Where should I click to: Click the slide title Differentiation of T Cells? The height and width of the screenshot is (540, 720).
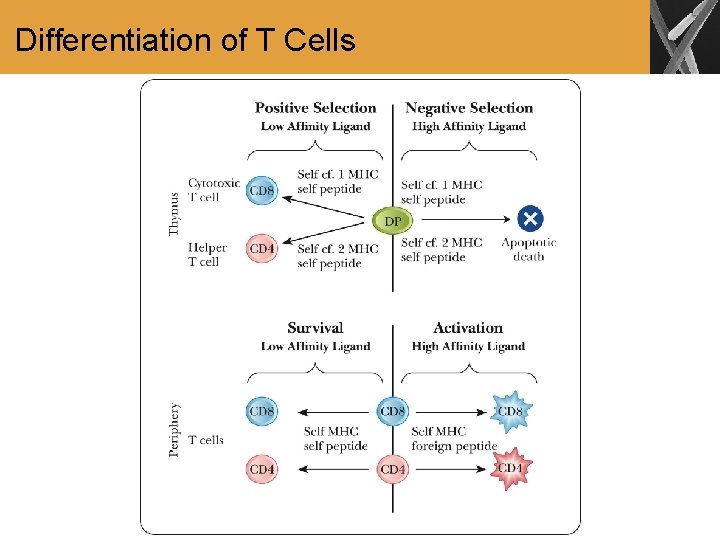point(186,40)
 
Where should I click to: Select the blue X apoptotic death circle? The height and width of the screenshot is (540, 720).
point(530,218)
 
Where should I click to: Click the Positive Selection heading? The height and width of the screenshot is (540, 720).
point(315,108)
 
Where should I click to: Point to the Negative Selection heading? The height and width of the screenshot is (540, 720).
point(469,108)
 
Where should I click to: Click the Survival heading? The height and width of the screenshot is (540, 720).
point(315,328)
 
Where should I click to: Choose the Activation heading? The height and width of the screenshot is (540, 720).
point(468,328)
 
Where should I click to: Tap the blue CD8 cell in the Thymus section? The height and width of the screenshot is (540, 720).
point(262,191)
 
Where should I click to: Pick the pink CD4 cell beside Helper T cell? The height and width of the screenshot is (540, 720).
point(262,249)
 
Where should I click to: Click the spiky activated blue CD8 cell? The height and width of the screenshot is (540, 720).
point(509,411)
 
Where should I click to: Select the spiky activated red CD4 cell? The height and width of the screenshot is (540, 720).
point(510,468)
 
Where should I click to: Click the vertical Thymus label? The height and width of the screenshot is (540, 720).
point(176,214)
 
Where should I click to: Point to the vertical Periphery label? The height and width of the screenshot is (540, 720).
point(176,430)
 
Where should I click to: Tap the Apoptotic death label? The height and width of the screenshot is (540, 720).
point(529,249)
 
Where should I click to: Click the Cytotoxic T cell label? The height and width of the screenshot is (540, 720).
point(214,190)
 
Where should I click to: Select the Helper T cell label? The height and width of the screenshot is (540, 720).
point(208,254)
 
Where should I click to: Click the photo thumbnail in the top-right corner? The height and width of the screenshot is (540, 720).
point(684,37)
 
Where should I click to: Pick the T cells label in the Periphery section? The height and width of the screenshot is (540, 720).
point(206,440)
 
